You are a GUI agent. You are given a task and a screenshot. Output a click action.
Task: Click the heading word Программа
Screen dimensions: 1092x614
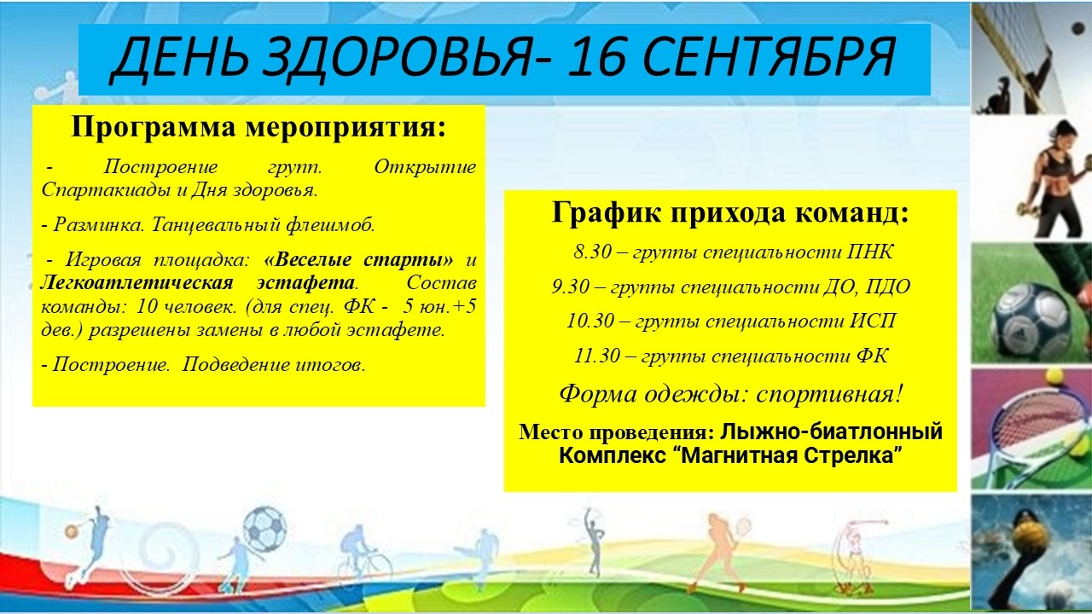coord(154,128)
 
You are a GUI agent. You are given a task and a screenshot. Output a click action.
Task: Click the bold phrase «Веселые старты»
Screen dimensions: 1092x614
coord(358,259)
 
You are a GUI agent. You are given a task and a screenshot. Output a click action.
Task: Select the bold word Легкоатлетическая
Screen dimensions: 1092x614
coord(136,282)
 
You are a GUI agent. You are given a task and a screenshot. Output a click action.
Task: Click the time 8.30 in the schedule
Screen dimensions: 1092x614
coord(593,252)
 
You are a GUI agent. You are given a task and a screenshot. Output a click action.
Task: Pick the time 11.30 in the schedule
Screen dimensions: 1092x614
coord(597,356)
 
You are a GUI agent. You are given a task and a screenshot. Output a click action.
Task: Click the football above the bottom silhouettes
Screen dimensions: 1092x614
coord(264,530)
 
